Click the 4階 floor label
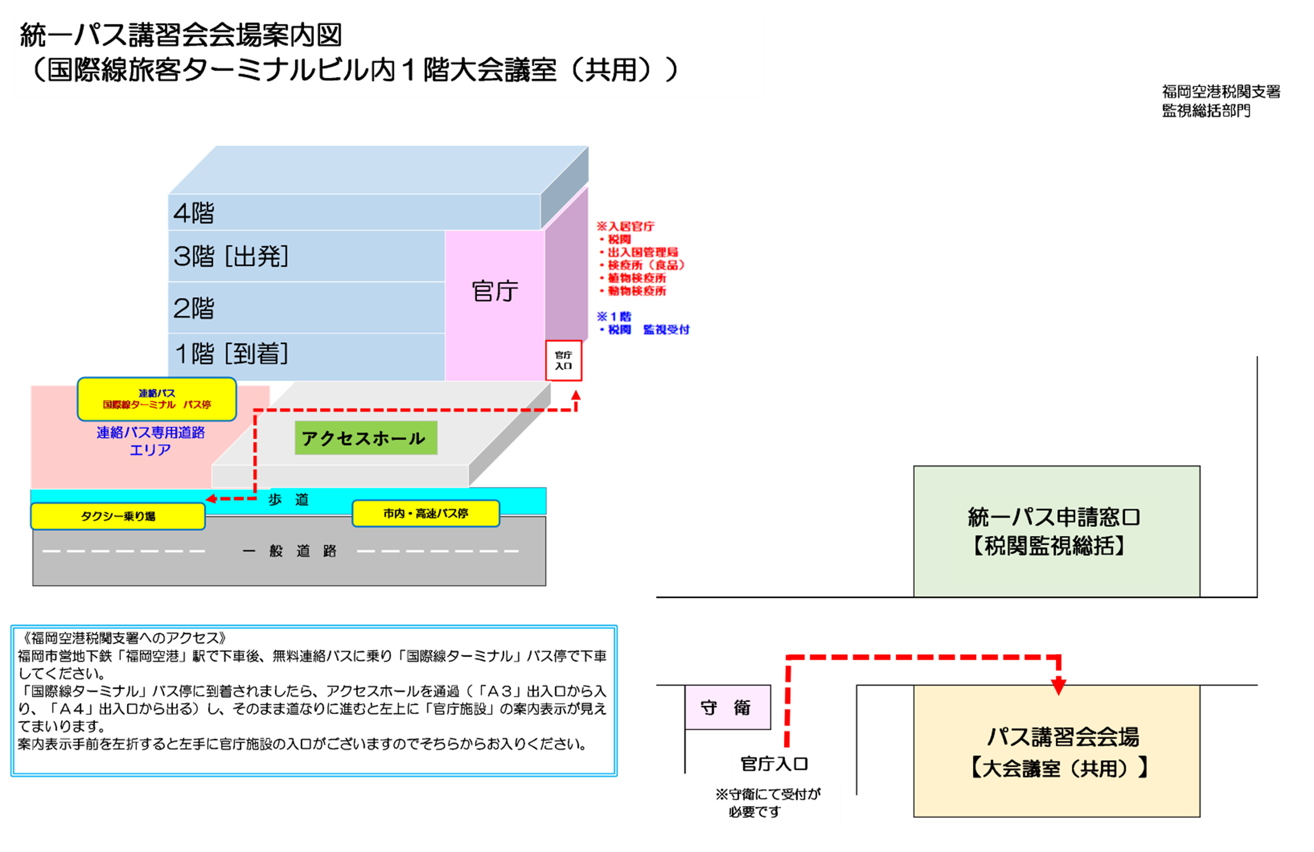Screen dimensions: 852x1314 [x=194, y=213]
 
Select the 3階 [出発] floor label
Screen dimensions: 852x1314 [x=231, y=256]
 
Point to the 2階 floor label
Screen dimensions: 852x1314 [x=194, y=308]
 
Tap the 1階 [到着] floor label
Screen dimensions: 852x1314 [x=231, y=354]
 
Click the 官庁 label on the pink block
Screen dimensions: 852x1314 [x=495, y=291]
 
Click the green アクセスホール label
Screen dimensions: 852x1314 [x=366, y=438]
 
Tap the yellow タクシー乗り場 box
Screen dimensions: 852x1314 [x=118, y=517]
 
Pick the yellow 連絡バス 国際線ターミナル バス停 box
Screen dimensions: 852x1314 [x=157, y=399]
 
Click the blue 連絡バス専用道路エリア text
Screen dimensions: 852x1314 [x=150, y=441]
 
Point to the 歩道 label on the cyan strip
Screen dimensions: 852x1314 [x=288, y=499]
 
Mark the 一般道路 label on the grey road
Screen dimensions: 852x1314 [x=289, y=551]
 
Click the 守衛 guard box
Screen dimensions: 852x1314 [x=727, y=707]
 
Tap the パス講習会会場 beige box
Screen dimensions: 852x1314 [x=1056, y=751]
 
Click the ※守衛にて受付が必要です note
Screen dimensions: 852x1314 [x=773, y=803]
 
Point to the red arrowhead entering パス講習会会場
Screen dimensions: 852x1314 [x=1058, y=686]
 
